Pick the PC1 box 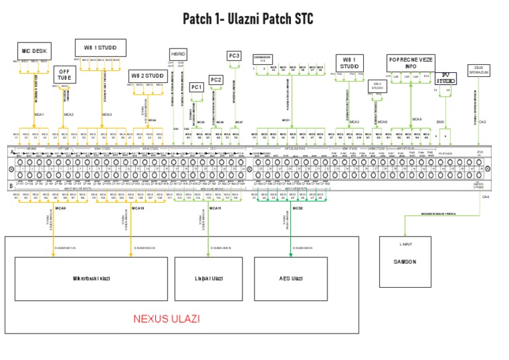(196, 87)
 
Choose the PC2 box (216, 80)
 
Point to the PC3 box (235, 56)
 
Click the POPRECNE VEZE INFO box (410, 62)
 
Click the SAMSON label (405, 262)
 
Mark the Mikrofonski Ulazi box (91, 278)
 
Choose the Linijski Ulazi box (207, 278)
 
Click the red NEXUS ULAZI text (166, 319)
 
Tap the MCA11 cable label (215, 208)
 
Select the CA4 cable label (485, 197)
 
